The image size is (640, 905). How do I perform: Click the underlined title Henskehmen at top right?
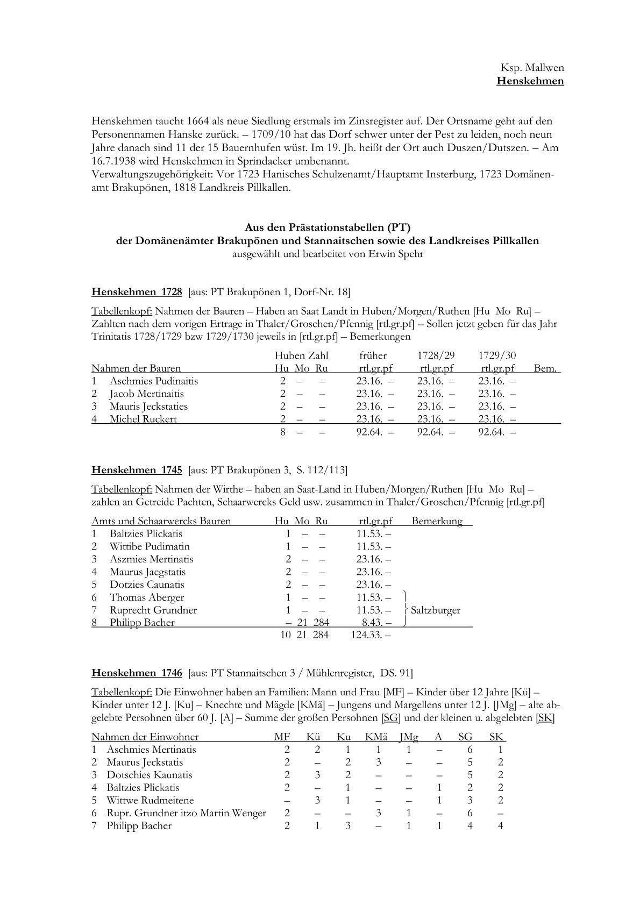click(530, 81)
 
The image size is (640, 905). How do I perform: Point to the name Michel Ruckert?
click(143, 419)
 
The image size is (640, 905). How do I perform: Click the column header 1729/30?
click(497, 355)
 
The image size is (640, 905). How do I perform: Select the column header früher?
click(373, 355)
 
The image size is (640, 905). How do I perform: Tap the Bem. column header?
click(546, 368)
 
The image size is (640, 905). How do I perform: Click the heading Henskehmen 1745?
click(137, 470)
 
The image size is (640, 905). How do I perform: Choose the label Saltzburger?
click(436, 610)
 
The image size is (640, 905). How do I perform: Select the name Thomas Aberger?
click(147, 597)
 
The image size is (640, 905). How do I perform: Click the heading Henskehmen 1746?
click(137, 673)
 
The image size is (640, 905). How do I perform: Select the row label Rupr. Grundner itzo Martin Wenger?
click(186, 813)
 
